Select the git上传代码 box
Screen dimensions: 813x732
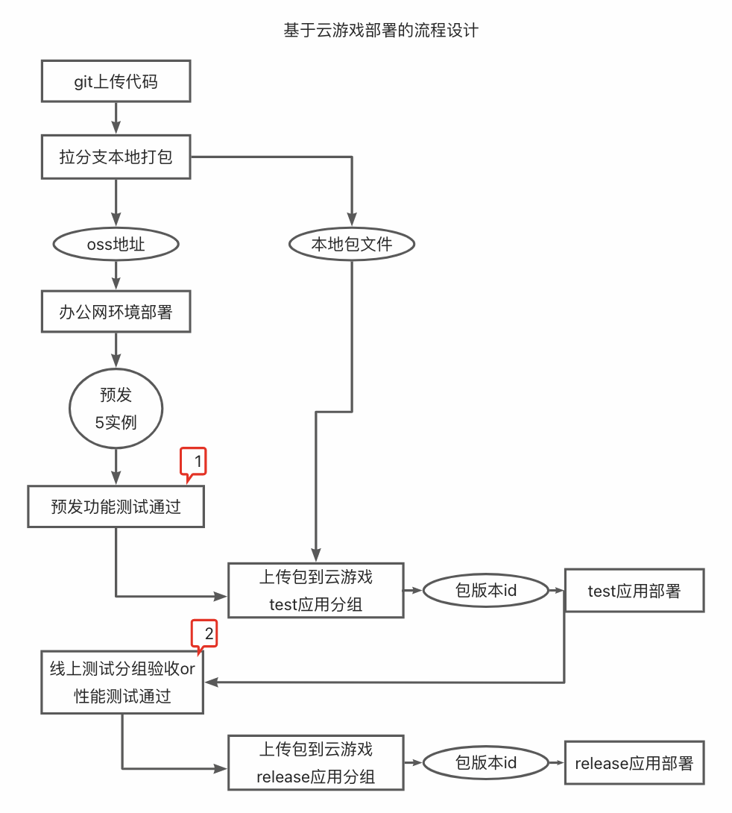[x=116, y=81]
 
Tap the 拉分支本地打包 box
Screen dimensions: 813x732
[x=116, y=157]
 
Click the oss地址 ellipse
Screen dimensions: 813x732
[x=116, y=244]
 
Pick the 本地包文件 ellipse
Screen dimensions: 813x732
[x=351, y=244]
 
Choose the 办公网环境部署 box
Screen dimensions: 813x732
[x=116, y=312]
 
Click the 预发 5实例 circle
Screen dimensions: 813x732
[x=116, y=408]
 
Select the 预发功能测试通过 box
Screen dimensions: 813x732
[x=116, y=506]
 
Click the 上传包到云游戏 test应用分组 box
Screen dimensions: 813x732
[x=315, y=590]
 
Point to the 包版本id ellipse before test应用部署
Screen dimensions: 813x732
[x=485, y=591]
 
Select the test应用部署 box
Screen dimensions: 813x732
[x=634, y=591]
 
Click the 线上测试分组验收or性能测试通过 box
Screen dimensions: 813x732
[x=122, y=682]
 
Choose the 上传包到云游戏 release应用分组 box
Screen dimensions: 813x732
[x=315, y=763]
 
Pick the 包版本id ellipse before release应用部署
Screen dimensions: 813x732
[x=485, y=763]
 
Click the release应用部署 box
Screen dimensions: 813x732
[x=634, y=763]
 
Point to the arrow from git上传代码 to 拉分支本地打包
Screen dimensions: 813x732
[x=116, y=118]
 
